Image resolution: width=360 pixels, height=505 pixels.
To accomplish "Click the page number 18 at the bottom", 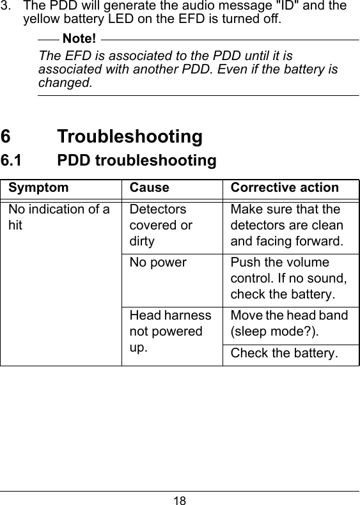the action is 180,498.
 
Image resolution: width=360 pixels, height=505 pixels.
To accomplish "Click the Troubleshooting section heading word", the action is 130,136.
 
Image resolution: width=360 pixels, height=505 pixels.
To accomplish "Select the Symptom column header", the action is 38,188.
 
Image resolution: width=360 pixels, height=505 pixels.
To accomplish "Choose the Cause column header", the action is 150,188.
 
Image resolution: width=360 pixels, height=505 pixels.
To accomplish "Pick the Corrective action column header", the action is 285,188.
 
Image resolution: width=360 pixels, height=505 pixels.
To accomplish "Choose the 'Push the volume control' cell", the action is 288,278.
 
